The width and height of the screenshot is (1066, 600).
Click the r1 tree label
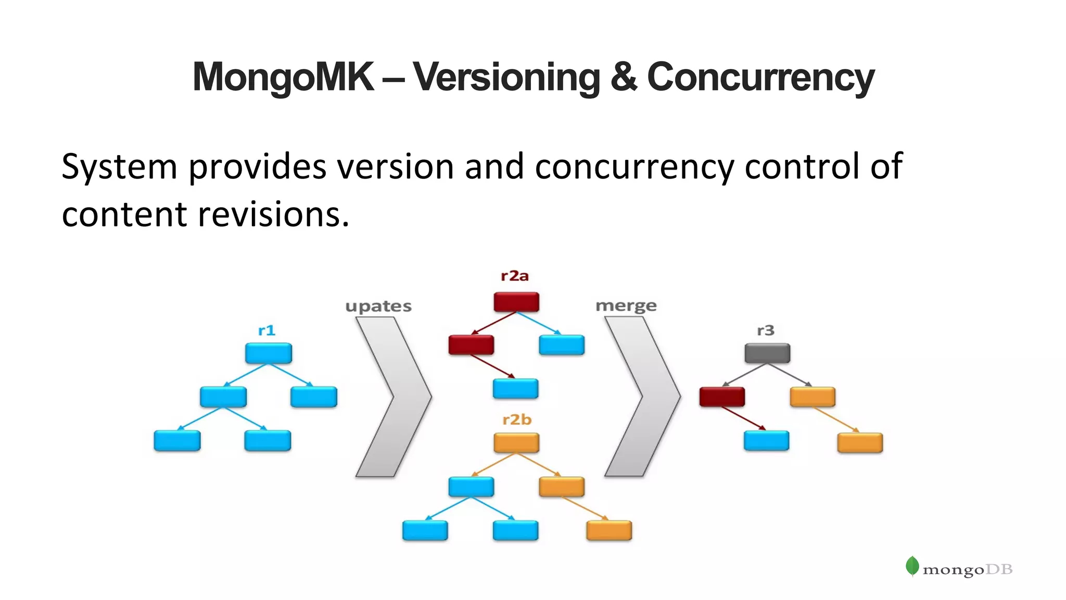(266, 330)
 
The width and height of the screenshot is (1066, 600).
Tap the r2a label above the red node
(515, 276)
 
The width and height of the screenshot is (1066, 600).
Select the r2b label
(517, 419)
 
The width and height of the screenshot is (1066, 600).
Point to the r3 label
(766, 330)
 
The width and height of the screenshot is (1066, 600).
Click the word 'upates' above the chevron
(378, 306)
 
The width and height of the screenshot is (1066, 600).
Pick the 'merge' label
(626, 305)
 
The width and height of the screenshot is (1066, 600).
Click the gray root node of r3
(767, 353)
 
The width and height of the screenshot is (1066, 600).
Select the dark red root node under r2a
(516, 302)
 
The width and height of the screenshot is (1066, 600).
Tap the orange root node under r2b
(516, 443)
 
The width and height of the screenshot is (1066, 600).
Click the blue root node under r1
(269, 353)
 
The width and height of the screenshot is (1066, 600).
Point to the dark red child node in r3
(722, 397)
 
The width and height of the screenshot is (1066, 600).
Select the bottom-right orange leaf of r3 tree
(860, 443)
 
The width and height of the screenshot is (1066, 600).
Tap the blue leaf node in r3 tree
(766, 441)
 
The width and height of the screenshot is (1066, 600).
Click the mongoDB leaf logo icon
(912, 566)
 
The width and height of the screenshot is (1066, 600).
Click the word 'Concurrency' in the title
(760, 77)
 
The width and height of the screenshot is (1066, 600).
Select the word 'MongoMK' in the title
(283, 77)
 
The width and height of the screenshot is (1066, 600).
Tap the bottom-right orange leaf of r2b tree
(609, 530)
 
